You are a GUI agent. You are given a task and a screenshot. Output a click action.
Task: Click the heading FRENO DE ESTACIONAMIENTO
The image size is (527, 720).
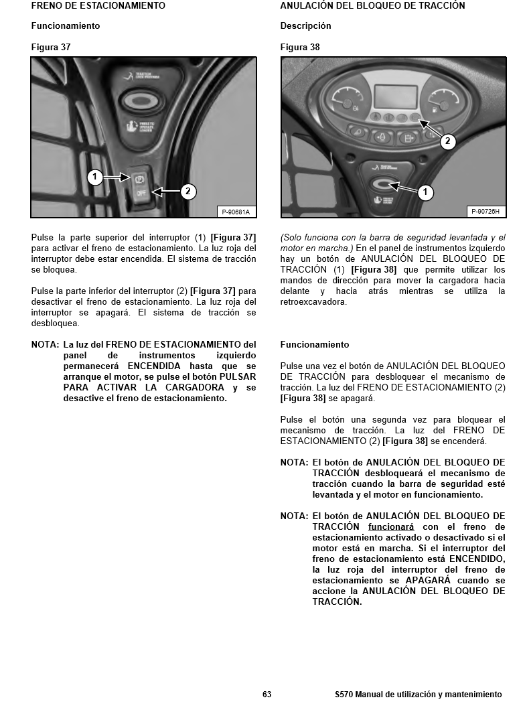point(98,5)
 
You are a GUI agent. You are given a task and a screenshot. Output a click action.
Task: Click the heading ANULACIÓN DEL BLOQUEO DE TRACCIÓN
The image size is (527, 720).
point(372,5)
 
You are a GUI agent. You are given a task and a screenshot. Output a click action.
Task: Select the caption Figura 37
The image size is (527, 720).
point(51,48)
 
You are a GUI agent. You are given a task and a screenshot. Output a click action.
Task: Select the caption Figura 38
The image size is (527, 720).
point(300,48)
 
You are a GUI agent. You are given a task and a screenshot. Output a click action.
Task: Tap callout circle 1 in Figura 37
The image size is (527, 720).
point(95,177)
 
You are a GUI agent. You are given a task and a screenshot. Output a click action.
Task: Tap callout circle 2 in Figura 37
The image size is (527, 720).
point(188,192)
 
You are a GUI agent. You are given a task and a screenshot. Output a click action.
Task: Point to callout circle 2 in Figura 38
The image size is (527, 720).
point(447,141)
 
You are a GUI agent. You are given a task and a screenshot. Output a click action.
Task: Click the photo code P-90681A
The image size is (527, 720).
point(236,212)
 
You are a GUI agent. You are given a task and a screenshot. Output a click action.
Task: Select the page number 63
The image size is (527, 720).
point(267,695)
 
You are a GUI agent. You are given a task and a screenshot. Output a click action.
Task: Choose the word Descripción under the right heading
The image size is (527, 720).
point(305,26)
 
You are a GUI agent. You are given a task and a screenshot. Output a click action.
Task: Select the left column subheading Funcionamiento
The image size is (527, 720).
point(66,26)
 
